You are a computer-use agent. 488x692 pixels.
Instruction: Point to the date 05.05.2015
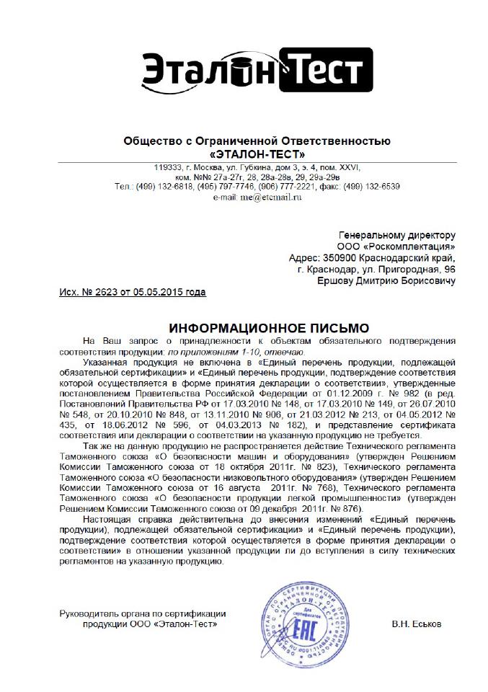[152, 292]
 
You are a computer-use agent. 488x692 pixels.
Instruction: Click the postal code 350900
[344, 257]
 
